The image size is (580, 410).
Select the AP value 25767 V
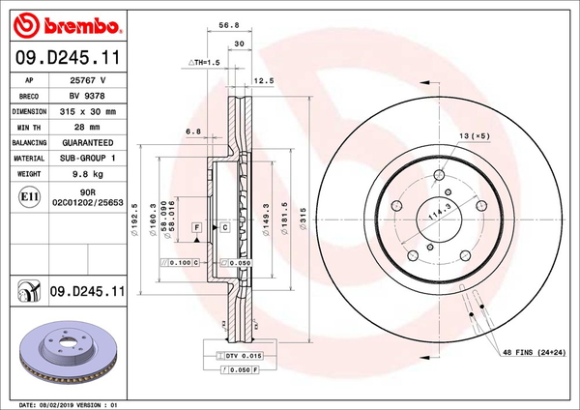(x=89, y=82)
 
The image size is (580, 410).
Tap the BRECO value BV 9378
(x=89, y=97)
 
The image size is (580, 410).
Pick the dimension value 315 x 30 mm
(x=89, y=111)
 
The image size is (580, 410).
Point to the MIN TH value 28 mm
(x=89, y=127)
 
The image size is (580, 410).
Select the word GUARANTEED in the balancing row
(x=89, y=141)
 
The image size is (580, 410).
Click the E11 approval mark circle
(x=29, y=196)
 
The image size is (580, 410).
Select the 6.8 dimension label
(x=192, y=131)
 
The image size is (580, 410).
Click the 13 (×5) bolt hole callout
(x=475, y=136)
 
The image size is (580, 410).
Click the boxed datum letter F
(x=196, y=226)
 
